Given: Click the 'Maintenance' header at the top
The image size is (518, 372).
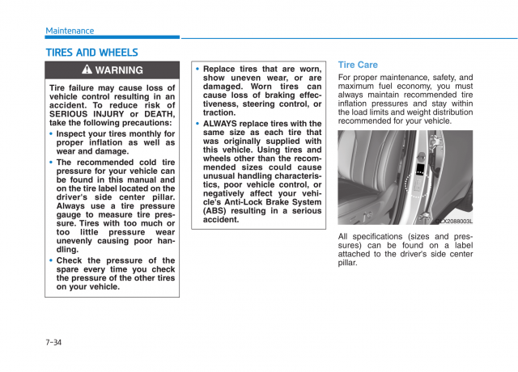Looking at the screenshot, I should [70, 31].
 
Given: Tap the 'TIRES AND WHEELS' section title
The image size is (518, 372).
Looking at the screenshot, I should [91, 53].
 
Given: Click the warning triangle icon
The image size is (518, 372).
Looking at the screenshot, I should [87, 70].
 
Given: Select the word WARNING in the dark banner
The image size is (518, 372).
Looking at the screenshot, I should [119, 70].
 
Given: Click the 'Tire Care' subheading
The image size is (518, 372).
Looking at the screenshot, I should [358, 65].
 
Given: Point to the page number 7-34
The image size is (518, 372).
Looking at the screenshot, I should [53, 343].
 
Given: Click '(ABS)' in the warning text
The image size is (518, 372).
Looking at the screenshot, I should [218, 210].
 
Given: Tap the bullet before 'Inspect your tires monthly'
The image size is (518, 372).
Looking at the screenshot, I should [52, 134].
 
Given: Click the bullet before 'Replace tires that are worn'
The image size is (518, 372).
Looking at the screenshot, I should [197, 70].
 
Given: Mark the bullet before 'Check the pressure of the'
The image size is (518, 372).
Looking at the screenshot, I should [52, 260].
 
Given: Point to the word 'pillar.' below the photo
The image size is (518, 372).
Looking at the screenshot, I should [347, 263].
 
